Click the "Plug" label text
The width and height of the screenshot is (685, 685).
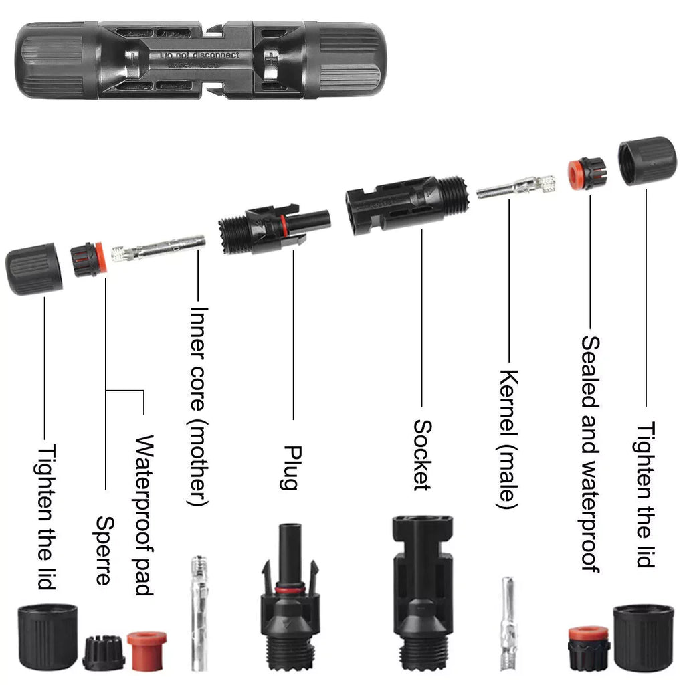288,467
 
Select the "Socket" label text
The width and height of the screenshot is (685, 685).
421,455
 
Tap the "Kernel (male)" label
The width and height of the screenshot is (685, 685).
508,438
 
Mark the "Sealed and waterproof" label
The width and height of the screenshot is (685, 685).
589,453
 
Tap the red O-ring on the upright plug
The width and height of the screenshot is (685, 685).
288,590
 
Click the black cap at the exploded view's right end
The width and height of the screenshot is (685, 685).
647,161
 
